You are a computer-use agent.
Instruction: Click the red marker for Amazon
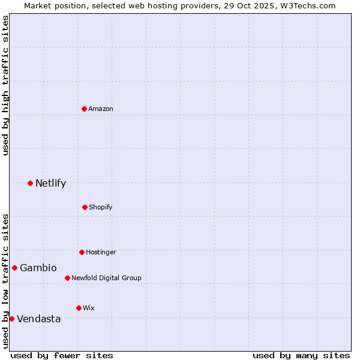(84, 109)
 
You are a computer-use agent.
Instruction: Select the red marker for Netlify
(30, 183)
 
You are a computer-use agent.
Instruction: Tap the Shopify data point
(85, 207)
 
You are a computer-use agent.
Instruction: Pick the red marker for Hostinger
(82, 252)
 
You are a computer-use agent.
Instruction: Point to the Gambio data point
(14, 268)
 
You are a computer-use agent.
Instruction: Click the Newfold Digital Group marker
(67, 278)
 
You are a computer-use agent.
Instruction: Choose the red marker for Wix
(79, 308)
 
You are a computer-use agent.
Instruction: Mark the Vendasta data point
(11, 319)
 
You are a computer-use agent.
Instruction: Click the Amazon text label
(101, 109)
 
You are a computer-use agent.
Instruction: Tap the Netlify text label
(50, 184)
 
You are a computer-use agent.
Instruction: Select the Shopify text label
(101, 207)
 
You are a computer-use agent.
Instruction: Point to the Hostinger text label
(101, 252)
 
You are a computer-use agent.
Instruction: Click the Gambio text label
(38, 268)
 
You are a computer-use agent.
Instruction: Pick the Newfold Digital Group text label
(106, 278)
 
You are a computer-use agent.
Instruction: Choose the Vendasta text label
(39, 319)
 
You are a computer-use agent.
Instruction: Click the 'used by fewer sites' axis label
(62, 355)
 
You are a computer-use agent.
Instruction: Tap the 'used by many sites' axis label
(301, 355)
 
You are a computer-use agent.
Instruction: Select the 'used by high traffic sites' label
(5, 85)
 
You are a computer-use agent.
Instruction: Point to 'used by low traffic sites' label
(5, 280)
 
